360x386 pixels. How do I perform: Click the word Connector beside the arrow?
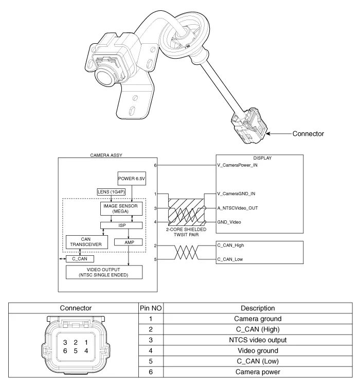coord(308,134)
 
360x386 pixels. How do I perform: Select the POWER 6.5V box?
coord(133,179)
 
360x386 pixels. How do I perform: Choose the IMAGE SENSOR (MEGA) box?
coord(123,208)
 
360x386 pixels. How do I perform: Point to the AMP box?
coord(128,242)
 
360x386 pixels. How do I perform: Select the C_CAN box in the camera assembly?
coord(80,258)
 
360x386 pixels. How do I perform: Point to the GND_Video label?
coord(229,222)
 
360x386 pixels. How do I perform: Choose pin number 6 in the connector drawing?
coord(65,351)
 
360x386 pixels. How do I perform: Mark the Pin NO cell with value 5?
coord(151,361)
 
